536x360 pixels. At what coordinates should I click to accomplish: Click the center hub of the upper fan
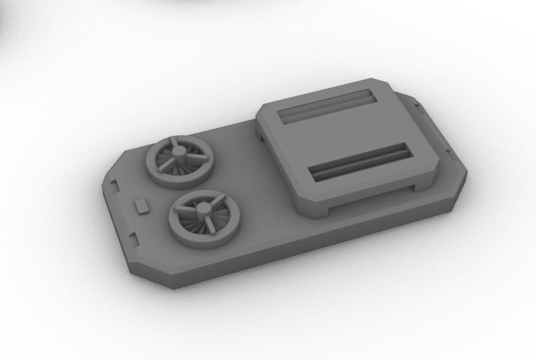(x=176, y=153)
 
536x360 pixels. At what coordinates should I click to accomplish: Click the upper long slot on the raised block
(x=328, y=105)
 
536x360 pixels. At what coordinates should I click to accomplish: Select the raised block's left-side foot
(x=262, y=135)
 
